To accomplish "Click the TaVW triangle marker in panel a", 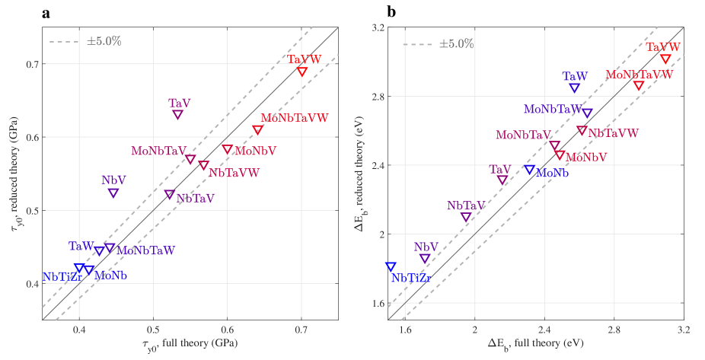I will click(302, 72).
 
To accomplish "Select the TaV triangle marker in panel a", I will click(178, 114).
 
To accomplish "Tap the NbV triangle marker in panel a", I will click(113, 193).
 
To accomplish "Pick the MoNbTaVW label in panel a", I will click(295, 118).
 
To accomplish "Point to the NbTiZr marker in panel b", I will click(391, 266).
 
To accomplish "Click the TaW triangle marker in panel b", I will click(575, 88).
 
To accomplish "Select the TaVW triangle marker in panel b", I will click(665, 59).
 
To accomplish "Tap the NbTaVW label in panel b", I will click(613, 133).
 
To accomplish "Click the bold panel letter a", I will click(46, 12).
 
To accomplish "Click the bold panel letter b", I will click(391, 12).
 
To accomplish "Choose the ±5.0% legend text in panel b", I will click(457, 43).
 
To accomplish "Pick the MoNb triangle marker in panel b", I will click(529, 170).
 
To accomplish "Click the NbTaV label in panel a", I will click(195, 199).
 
